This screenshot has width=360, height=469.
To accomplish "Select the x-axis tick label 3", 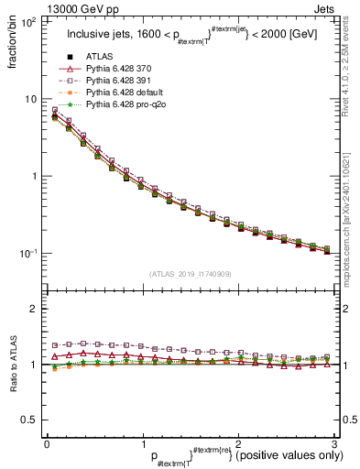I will tap(334, 444).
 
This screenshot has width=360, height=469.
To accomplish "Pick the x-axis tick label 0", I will tap(47, 444).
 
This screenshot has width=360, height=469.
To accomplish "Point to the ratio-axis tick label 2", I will tap(36, 309).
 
